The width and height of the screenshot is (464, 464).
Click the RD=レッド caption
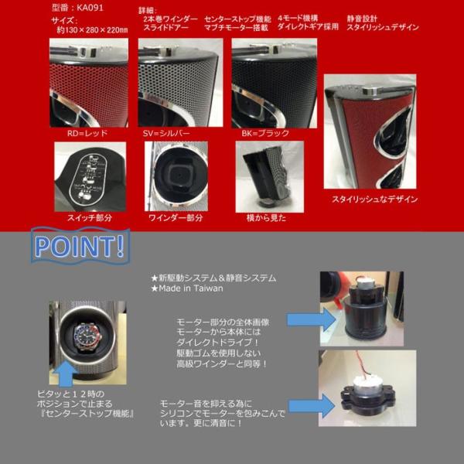pyautogui.click(x=87, y=133)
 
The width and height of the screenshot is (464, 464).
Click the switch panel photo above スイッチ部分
pyautogui.click(x=89, y=176)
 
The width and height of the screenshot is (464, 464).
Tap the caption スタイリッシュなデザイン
pyautogui.click(x=374, y=200)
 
